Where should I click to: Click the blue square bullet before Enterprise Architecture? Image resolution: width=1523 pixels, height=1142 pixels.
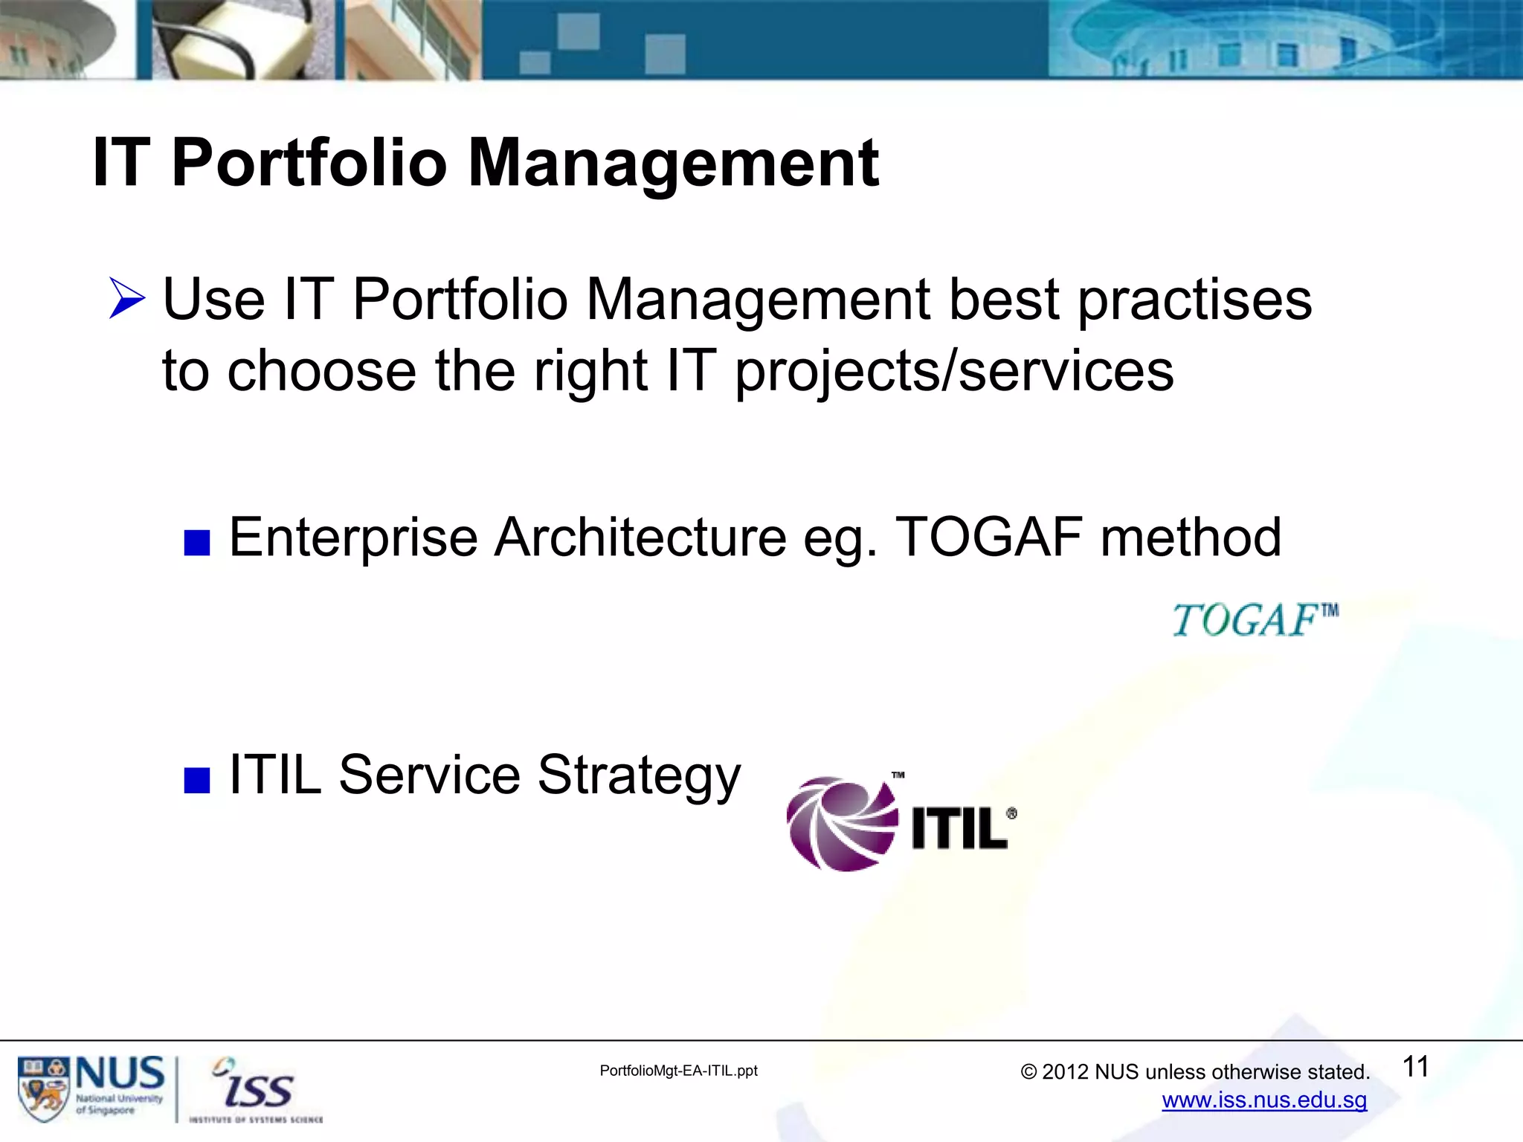point(197,543)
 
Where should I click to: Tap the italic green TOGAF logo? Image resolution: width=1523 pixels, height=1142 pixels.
point(1255,620)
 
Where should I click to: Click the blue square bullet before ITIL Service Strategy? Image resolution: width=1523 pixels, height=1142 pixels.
point(197,781)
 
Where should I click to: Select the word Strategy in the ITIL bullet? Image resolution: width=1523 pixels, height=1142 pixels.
point(639,775)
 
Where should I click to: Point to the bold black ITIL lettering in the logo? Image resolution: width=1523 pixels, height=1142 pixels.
point(959,828)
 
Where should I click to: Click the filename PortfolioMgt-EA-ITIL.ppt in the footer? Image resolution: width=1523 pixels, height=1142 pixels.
point(678,1071)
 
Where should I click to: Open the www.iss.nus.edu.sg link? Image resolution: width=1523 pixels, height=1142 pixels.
point(1264,1100)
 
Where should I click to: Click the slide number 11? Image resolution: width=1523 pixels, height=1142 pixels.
point(1415,1067)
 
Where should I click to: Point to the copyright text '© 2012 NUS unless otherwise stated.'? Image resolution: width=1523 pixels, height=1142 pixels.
point(1195,1072)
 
